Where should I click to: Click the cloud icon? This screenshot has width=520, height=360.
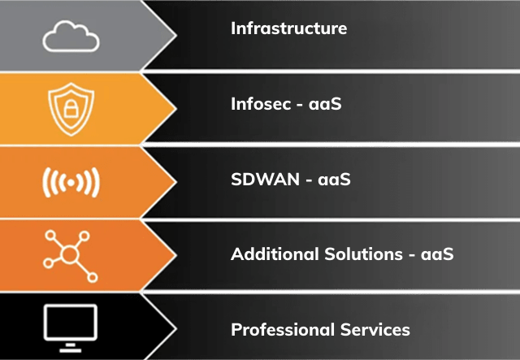click(70, 36)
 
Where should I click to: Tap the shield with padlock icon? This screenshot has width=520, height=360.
click(70, 110)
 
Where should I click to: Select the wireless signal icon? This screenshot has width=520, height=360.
click(70, 184)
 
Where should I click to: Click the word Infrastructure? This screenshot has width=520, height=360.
click(288, 28)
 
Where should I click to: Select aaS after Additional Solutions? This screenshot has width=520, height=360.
click(435, 254)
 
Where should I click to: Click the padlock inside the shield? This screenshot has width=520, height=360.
click(70, 111)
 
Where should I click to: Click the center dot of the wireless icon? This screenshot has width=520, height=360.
click(70, 184)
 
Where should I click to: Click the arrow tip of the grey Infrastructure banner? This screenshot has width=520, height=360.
click(174, 34)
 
